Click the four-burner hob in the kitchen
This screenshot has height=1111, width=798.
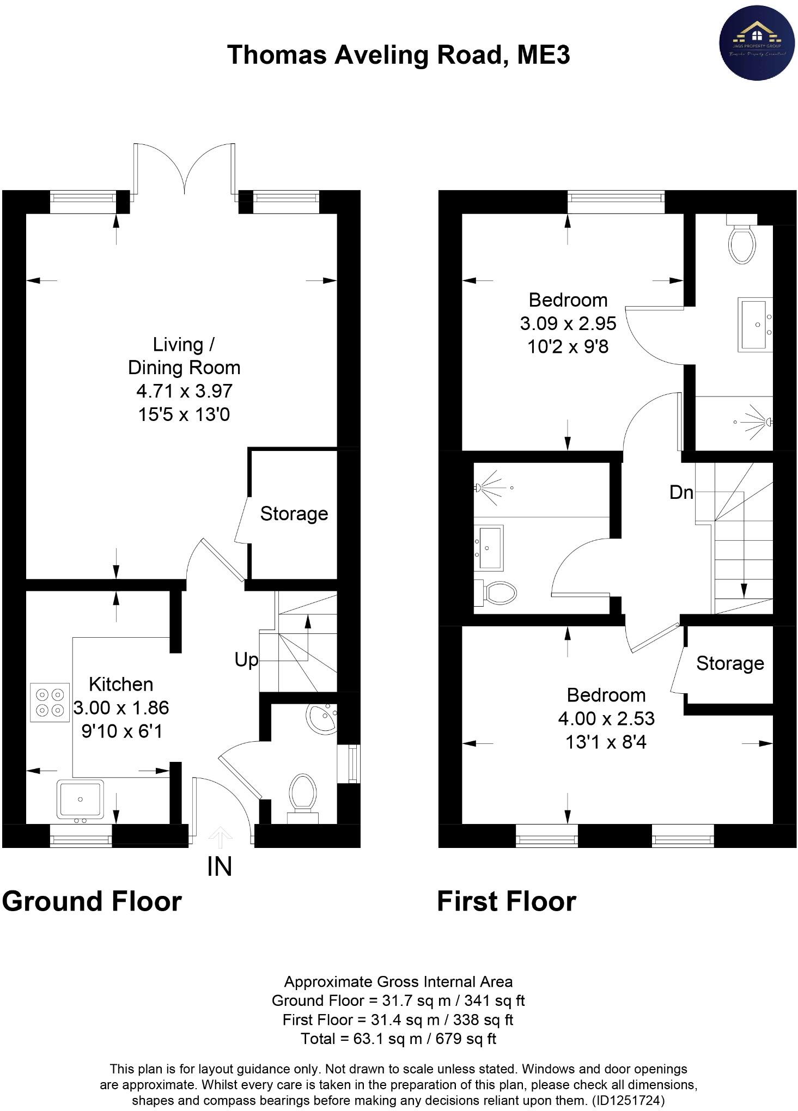(50, 703)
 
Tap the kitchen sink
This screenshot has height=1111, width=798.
(81, 799)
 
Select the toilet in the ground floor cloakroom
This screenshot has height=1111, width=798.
(303, 796)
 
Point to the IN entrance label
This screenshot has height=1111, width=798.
(220, 866)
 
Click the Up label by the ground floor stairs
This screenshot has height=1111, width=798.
(246, 660)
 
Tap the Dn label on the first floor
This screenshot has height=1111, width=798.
(681, 493)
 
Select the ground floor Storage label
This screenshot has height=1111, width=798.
(294, 514)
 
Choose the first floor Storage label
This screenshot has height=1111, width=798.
(730, 663)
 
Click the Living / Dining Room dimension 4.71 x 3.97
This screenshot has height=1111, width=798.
(184, 391)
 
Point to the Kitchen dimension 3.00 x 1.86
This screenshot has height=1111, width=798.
(121, 708)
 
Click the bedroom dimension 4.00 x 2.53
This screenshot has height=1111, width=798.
(606, 719)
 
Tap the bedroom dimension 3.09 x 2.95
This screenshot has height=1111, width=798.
(568, 323)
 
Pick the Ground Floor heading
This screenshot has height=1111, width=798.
(92, 901)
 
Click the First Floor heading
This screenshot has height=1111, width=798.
(506, 901)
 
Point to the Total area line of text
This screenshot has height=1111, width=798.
(398, 1039)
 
